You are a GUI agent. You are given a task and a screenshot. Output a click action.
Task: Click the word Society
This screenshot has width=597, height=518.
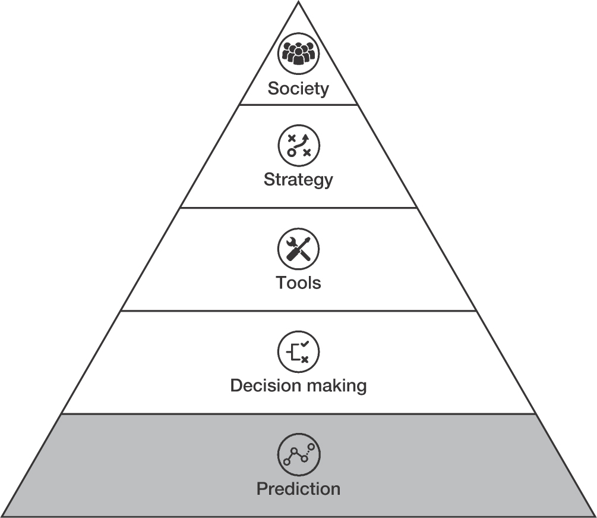point(298,89)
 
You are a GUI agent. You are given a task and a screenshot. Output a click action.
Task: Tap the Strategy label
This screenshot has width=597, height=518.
point(298,180)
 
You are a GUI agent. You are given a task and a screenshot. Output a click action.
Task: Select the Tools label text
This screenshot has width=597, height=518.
point(298,283)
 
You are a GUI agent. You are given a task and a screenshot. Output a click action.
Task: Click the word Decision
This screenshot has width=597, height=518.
point(265,385)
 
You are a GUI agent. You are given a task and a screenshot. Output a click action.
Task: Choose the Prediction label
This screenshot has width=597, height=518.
point(298,489)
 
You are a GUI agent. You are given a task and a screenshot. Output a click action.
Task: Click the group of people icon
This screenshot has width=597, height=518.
point(298,54)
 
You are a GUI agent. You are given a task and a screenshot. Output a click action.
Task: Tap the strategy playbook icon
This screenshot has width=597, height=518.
point(298,146)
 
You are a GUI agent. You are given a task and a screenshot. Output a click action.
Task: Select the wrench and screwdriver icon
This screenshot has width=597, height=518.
point(298,249)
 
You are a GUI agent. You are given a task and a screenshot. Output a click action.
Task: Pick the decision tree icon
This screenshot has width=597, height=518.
point(298,351)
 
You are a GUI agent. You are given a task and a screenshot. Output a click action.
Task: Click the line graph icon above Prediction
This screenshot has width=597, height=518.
point(298,454)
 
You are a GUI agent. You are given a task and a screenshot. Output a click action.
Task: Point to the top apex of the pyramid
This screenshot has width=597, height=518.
point(298,2)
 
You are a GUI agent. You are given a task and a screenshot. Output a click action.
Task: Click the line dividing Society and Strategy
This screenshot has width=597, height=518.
point(298,105)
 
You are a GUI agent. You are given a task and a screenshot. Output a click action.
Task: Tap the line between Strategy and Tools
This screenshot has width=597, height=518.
point(298,208)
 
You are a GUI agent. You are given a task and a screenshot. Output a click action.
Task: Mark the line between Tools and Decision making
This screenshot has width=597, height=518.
point(298,310)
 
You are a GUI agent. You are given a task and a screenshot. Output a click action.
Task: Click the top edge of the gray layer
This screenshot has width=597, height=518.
point(298,413)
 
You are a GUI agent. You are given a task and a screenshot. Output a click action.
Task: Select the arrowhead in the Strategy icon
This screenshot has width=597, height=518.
point(305,137)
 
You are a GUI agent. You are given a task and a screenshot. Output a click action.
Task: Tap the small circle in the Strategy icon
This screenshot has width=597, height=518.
point(291,152)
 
